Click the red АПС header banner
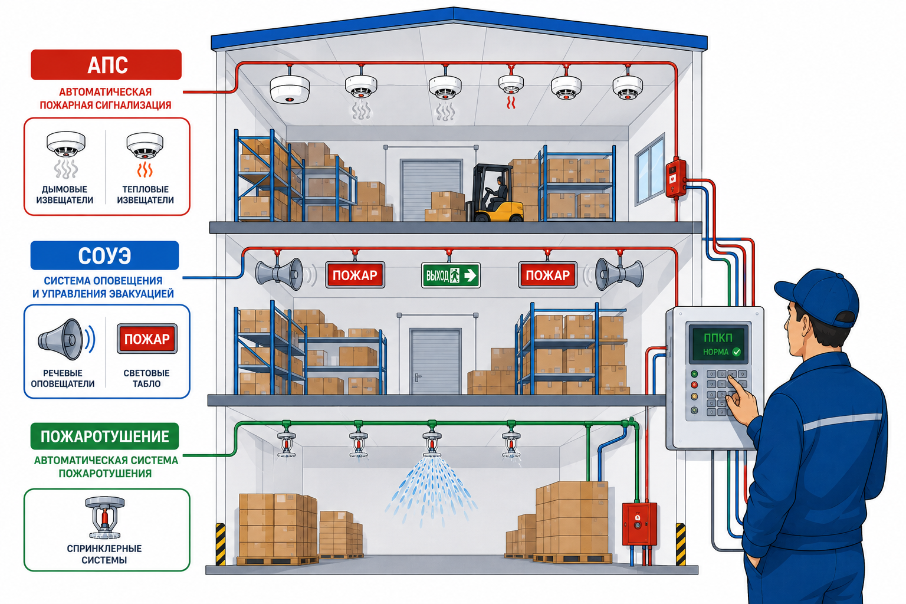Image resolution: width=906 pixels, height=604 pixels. (x=106, y=65)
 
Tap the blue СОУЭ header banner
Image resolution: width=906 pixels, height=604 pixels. (x=104, y=255)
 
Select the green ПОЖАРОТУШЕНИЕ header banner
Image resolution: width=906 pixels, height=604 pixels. (x=104, y=436)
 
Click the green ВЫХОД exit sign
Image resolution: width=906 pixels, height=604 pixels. (x=451, y=275)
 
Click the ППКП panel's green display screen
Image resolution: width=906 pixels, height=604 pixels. (x=718, y=343)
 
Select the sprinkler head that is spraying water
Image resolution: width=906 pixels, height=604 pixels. (x=432, y=444)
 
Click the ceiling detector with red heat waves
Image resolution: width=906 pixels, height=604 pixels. (x=511, y=84)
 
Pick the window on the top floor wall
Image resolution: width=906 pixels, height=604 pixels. (x=649, y=169)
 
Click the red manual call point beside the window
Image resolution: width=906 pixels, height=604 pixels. (x=676, y=178)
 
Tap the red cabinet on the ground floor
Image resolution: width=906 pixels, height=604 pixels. (x=639, y=524)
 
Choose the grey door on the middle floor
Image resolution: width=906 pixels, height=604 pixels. (x=435, y=361)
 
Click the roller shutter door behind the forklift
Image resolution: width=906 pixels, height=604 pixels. (x=431, y=189)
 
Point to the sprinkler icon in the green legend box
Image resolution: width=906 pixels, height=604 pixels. (x=104, y=517)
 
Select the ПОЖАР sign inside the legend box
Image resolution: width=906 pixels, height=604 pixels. (x=147, y=339)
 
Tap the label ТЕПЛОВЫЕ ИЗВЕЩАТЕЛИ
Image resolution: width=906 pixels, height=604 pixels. (x=145, y=195)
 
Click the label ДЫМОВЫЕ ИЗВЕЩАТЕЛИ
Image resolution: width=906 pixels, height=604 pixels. (x=65, y=195)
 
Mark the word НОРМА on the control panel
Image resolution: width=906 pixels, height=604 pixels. (x=715, y=352)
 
